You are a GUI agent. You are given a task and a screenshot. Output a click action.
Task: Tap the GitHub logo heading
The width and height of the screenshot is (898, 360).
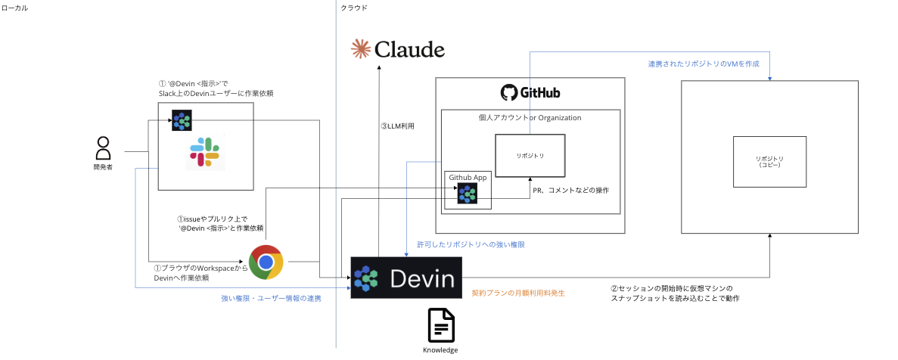[530, 93]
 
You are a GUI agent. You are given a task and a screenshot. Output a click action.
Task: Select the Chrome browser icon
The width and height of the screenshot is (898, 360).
[266, 262]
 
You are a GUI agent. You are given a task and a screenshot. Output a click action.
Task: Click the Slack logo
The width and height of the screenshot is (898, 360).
[204, 153]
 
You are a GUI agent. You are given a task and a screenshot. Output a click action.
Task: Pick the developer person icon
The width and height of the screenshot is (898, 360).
[104, 146]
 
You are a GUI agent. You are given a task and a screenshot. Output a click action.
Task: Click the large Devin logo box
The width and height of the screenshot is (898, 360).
[405, 278]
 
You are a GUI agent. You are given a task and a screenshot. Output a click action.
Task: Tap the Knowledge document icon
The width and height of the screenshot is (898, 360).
[440, 326]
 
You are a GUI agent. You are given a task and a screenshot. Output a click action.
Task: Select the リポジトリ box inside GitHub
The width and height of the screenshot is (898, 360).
[530, 156]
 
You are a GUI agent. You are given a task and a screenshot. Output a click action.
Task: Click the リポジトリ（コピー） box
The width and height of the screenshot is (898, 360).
[769, 162]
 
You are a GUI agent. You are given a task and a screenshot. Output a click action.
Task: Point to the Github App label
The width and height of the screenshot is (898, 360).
[468, 177]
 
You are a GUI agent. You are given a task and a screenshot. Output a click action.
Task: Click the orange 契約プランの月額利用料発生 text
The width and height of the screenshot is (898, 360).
[518, 293]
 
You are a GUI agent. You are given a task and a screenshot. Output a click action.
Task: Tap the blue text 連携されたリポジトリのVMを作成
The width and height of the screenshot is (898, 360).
[703, 64]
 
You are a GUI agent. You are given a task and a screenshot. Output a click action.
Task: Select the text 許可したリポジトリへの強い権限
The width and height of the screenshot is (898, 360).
[471, 245]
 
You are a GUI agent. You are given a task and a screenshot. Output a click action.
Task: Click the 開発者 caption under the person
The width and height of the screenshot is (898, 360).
[103, 166]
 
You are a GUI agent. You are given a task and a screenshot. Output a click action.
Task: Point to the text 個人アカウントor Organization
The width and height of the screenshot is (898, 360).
[530, 117]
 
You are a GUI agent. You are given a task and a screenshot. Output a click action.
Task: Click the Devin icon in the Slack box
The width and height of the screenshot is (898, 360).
[182, 120]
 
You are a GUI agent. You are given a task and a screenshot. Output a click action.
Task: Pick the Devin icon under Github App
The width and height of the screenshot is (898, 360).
[467, 194]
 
